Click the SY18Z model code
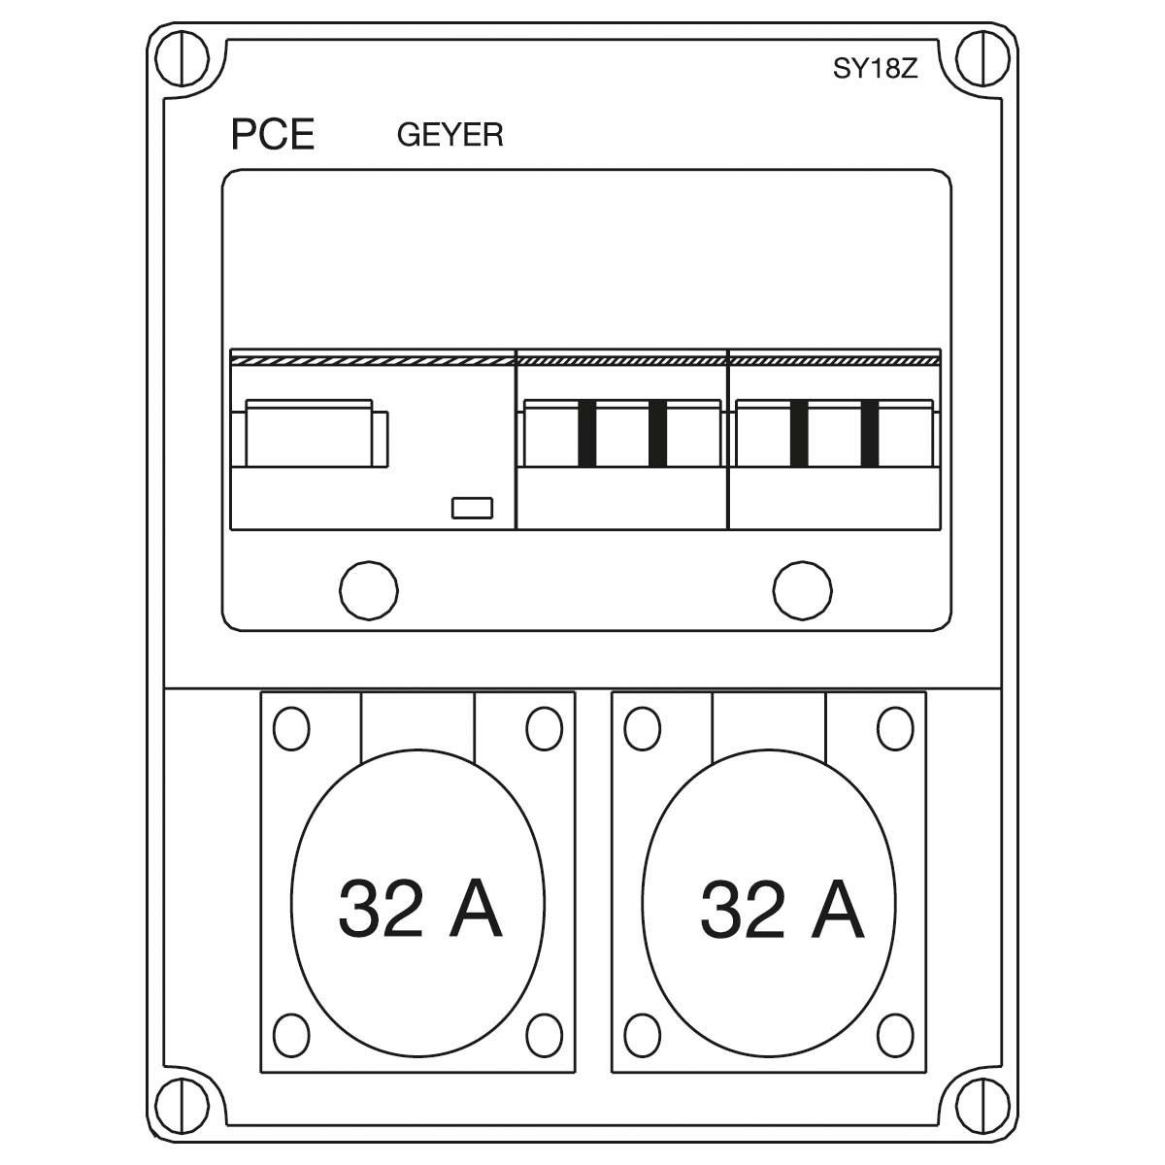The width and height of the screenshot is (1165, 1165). tap(875, 69)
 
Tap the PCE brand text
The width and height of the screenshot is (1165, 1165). tap(273, 134)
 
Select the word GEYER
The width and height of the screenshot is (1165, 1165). tap(449, 135)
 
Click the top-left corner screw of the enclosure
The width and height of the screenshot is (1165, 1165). tap(182, 59)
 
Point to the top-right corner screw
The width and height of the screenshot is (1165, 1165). tap(982, 59)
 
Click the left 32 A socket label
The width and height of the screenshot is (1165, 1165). tap(419, 909)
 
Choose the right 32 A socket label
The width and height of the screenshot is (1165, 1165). tap(782, 909)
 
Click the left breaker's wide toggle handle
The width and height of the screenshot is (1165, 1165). tap(309, 433)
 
